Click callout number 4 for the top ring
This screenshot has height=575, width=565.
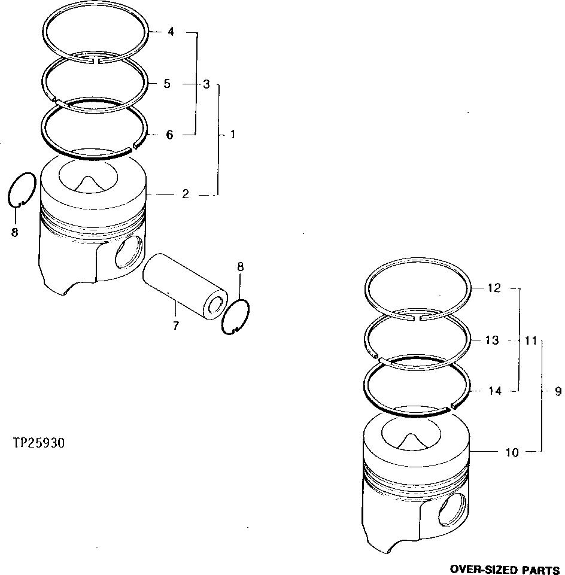coord(171,32)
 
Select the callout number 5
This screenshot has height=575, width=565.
coord(167,84)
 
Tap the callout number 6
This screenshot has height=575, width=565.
coord(169,135)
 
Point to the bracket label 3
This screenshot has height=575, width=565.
coord(206,84)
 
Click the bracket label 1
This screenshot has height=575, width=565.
coord(233,135)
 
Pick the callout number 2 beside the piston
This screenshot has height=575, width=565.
coord(186,194)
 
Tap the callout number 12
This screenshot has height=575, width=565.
coord(493,288)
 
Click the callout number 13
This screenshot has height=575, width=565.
coord(491,340)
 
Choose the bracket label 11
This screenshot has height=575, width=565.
coord(530,340)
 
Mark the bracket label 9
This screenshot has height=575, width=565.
coord(558,392)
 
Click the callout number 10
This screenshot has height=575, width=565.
coord(512,452)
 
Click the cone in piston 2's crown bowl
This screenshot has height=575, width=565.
coord(89,182)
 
